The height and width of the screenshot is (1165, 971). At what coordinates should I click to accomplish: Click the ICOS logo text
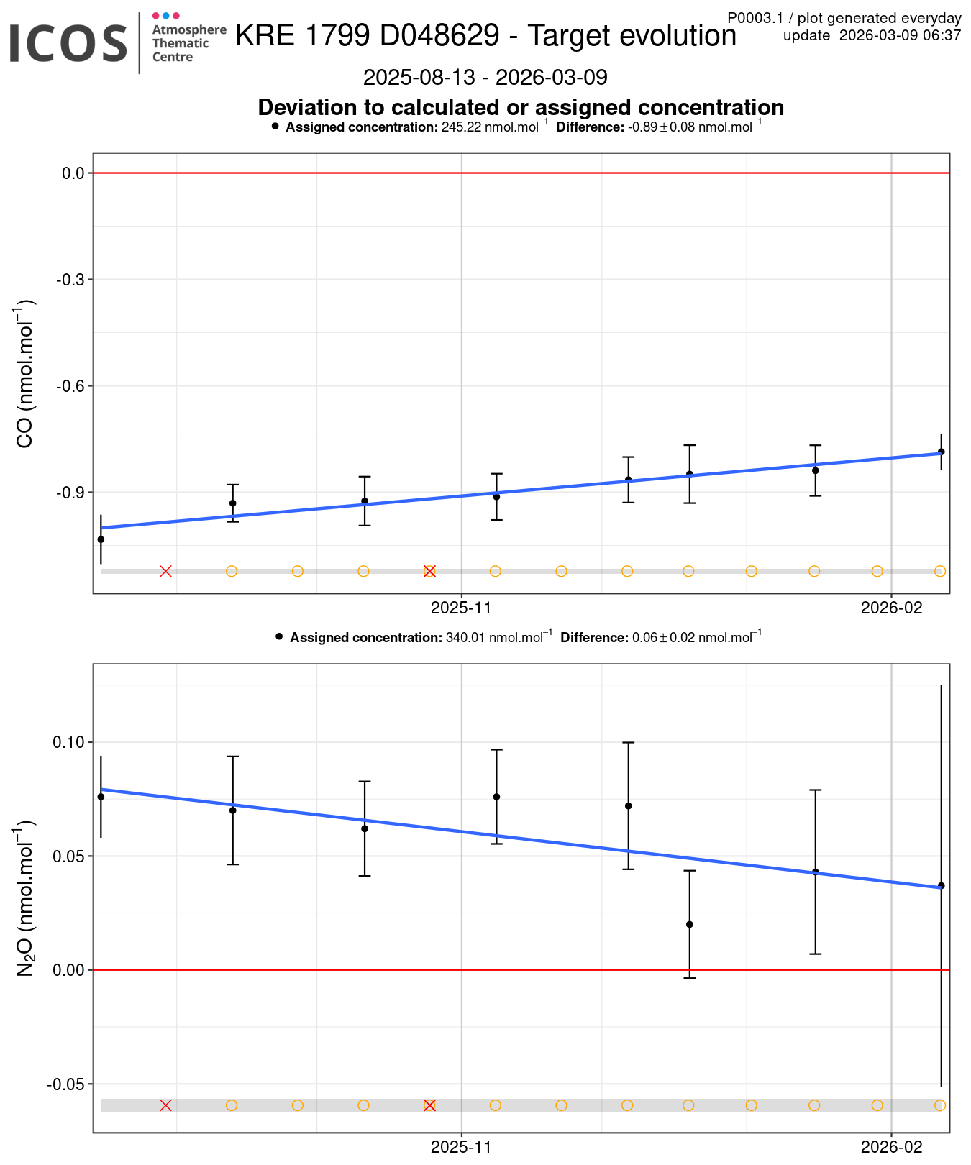click(68, 43)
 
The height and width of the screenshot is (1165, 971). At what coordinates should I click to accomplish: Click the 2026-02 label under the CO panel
click(891, 608)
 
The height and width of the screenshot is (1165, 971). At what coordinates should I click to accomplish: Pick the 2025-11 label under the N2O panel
click(461, 1148)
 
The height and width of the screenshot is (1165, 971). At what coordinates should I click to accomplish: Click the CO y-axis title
click(25, 374)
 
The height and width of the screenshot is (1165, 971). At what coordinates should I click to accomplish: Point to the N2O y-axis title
click(25, 899)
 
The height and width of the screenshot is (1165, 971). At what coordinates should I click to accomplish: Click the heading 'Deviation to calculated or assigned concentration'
click(521, 107)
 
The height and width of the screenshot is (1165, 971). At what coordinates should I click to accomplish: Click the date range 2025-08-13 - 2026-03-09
click(485, 77)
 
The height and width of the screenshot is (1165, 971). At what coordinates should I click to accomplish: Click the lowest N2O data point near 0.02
click(690, 925)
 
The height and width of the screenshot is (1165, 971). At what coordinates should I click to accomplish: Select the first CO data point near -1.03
click(101, 539)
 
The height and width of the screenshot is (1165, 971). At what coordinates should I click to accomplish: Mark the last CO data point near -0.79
click(941, 452)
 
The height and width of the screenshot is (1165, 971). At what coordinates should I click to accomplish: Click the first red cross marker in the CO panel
click(165, 571)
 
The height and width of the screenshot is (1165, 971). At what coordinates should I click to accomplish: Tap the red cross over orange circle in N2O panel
click(429, 1105)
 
